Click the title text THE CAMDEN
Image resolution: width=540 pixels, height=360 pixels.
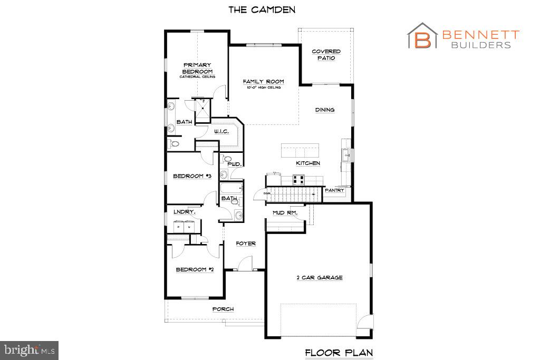tap(262, 9)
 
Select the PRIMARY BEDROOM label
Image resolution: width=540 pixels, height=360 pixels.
tap(197, 68)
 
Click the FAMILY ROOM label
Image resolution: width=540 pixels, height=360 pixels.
tap(263, 82)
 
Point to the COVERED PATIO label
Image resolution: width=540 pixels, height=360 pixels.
tap(326, 55)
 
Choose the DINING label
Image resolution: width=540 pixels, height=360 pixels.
tap(325, 110)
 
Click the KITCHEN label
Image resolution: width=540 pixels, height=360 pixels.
tap(307, 163)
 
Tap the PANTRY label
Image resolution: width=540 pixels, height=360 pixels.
tap(334, 190)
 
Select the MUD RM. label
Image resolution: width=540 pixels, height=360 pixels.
tap(285, 213)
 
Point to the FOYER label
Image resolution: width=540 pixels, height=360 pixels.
tap(246, 244)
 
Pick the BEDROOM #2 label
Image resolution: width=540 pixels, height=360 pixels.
tap(195, 269)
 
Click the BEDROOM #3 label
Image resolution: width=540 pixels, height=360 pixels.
tap(192, 176)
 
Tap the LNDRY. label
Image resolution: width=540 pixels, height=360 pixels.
tap(185, 212)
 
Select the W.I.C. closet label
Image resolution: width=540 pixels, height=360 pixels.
tap(221, 131)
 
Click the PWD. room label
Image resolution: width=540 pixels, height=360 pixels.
tap(234, 164)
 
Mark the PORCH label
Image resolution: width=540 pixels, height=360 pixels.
tap(223, 309)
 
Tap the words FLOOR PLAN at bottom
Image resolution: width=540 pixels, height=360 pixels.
tap(340, 352)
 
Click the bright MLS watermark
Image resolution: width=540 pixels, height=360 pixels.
tap(30, 349)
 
